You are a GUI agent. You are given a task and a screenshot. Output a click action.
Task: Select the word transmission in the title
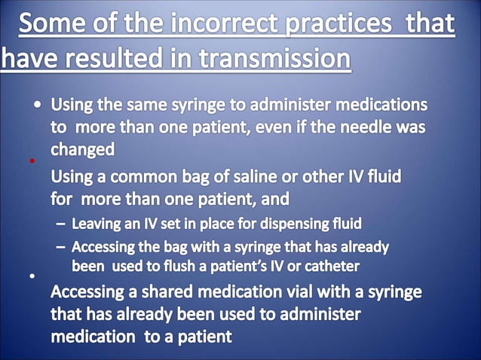[x=277, y=57]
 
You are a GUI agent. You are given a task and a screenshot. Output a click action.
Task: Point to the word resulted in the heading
[x=121, y=57]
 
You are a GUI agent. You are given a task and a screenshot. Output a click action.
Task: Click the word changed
[x=82, y=149]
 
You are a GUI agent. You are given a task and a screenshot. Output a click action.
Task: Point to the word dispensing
[x=285, y=224]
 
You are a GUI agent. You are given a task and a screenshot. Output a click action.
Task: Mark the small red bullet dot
[x=32, y=161]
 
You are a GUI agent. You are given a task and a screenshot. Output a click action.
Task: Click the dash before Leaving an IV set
[x=60, y=224]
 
